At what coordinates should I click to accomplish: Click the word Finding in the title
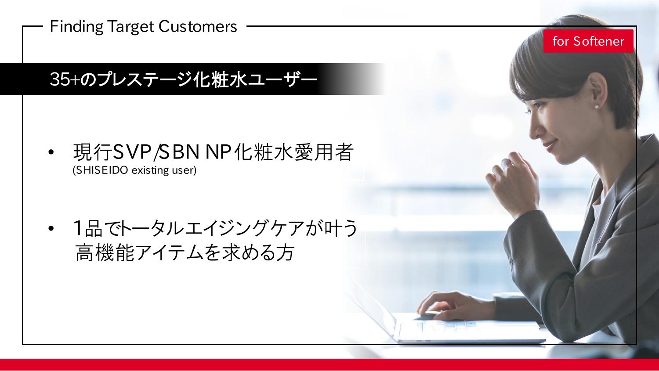pos(76,27)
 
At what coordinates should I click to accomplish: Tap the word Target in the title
pos(130,27)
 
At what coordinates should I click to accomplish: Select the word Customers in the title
pos(198,26)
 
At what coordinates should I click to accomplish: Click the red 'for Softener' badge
pos(588,41)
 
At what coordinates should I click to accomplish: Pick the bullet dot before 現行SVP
pos(51,152)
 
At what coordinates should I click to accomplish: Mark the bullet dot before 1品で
pos(51,228)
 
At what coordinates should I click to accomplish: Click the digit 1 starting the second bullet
pos(78,228)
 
